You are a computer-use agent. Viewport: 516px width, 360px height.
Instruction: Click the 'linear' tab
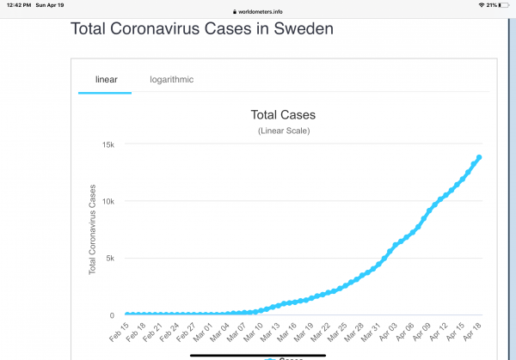coord(106,80)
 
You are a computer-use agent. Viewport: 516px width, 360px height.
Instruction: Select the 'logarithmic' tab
coord(171,80)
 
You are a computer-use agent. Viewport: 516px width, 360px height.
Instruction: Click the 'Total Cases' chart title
coord(283,114)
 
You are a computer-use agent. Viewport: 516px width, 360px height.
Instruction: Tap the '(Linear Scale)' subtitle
coord(283,131)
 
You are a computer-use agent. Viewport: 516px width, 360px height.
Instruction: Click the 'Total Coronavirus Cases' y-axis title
coord(93,229)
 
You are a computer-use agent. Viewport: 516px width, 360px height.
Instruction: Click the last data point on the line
coord(479,157)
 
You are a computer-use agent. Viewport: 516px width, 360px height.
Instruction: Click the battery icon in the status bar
coord(505,5)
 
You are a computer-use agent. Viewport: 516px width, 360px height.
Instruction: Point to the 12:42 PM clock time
coord(17,5)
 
